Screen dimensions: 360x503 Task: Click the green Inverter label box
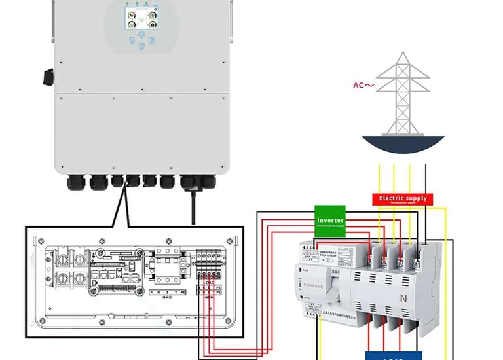(330, 220)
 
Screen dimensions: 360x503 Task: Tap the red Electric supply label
(403, 198)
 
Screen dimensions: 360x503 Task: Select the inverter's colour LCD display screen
(141, 17)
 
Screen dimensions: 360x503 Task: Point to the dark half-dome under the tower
(403, 147)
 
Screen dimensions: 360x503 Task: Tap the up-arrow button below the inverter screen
(141, 37)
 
